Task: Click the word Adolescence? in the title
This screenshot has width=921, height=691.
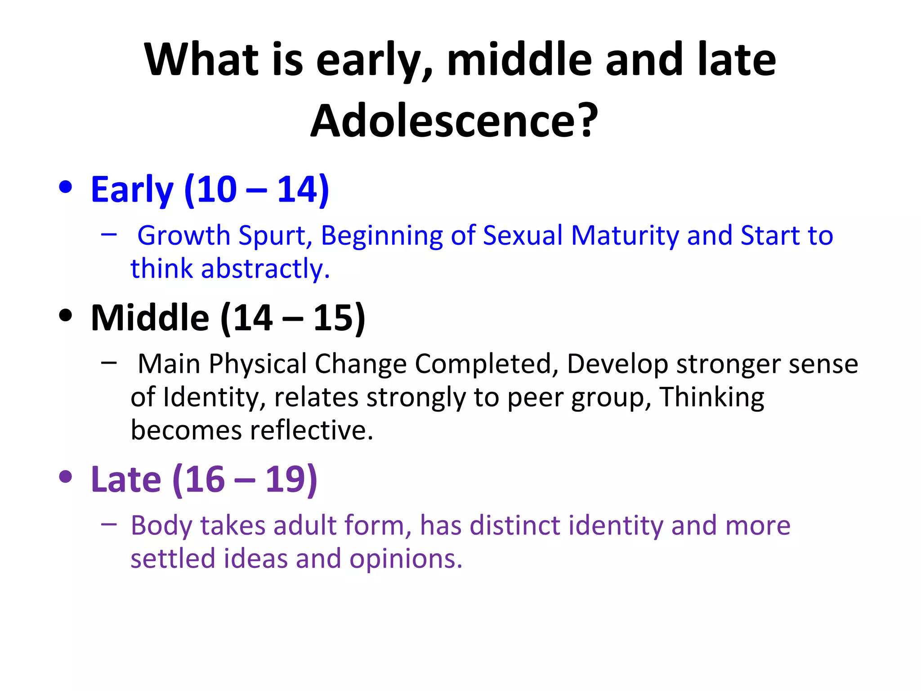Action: pos(454,121)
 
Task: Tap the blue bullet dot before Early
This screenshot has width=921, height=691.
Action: pos(66,187)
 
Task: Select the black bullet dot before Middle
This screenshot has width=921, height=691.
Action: pos(66,315)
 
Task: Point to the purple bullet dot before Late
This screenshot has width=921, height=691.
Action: pos(66,477)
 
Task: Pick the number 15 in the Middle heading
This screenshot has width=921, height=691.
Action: pos(333,318)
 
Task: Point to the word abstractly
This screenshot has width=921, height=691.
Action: pos(265,269)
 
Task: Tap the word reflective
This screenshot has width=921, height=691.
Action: pos(312,430)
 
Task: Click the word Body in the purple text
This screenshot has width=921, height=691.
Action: pos(161,525)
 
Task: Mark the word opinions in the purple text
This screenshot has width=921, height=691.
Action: pos(406,559)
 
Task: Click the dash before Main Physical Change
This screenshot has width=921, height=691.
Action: pos(109,363)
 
